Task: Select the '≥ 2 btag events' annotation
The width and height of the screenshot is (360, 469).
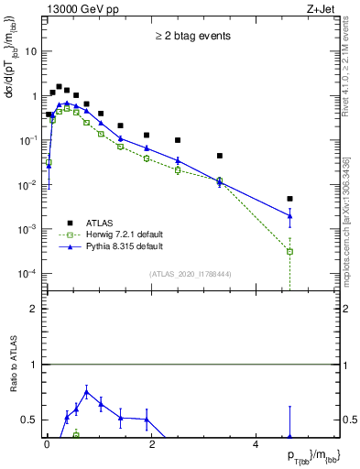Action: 191,36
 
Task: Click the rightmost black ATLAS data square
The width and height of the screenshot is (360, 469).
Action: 289,199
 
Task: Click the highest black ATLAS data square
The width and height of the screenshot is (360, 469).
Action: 59,87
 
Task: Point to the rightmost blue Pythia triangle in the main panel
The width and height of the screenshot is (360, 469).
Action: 289,216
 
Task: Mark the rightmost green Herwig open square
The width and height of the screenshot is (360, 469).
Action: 289,251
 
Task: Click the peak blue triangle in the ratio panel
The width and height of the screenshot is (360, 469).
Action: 86,392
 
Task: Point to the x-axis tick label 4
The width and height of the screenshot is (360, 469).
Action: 256,447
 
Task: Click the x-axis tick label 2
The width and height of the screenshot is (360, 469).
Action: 151,447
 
